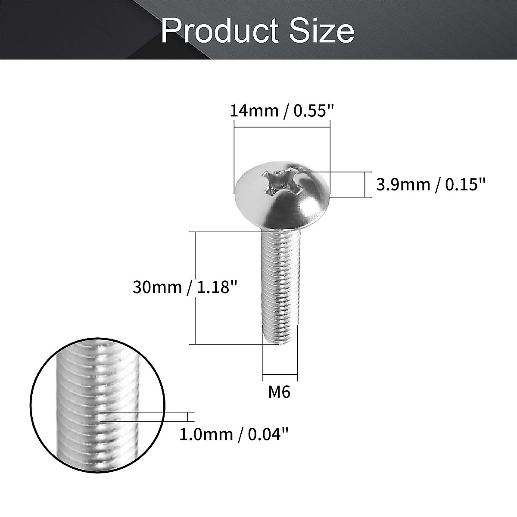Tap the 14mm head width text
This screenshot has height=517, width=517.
pos(253,111)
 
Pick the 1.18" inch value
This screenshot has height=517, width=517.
pos(217,287)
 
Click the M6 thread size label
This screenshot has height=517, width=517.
pos(280,392)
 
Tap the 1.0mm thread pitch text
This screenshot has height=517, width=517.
pos(206,434)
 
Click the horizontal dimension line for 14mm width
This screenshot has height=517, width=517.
pos(282,127)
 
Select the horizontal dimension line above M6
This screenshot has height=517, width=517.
pos(280,374)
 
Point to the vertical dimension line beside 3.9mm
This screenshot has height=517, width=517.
pos(364,185)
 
